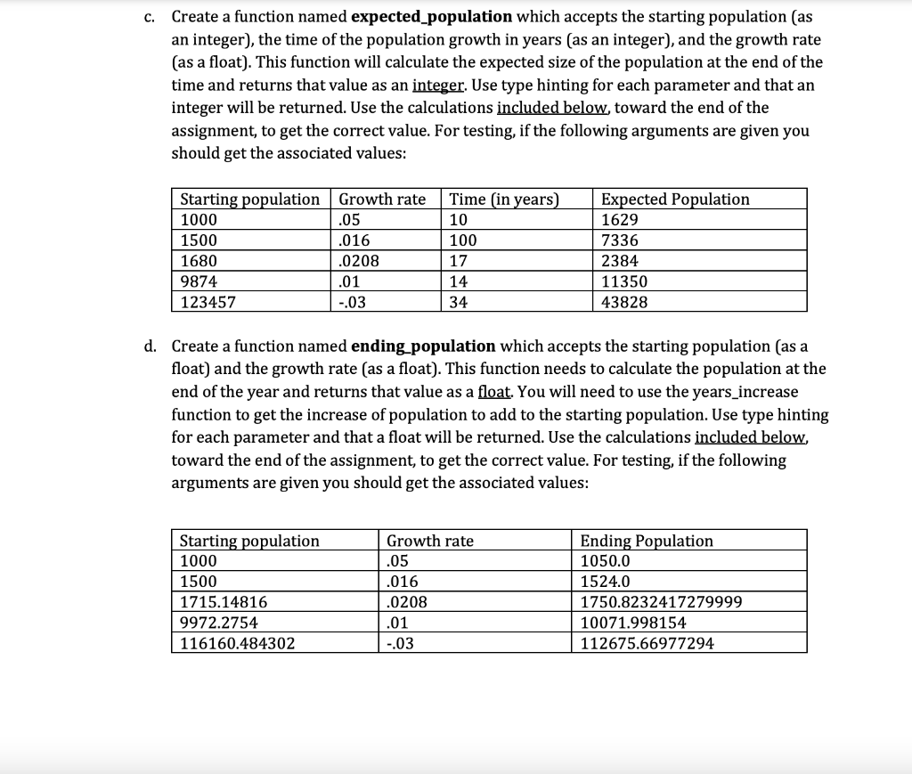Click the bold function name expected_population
[x=431, y=17]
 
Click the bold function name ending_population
[x=423, y=346]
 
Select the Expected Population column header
[x=675, y=199]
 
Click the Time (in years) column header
[x=505, y=199]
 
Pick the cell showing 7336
[x=620, y=240]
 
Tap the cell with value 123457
[x=208, y=302]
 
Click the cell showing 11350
[x=624, y=281]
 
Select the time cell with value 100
[x=464, y=240]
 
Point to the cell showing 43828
[x=624, y=302]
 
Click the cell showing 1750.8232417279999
[x=660, y=602]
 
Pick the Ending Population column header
[x=647, y=541]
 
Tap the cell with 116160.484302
[x=238, y=643]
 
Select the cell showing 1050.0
[x=605, y=561]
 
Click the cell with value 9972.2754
[x=218, y=623]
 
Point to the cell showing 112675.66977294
[x=647, y=643]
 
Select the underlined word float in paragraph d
[x=495, y=392]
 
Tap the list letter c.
[x=151, y=17]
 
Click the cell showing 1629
[x=620, y=220]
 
